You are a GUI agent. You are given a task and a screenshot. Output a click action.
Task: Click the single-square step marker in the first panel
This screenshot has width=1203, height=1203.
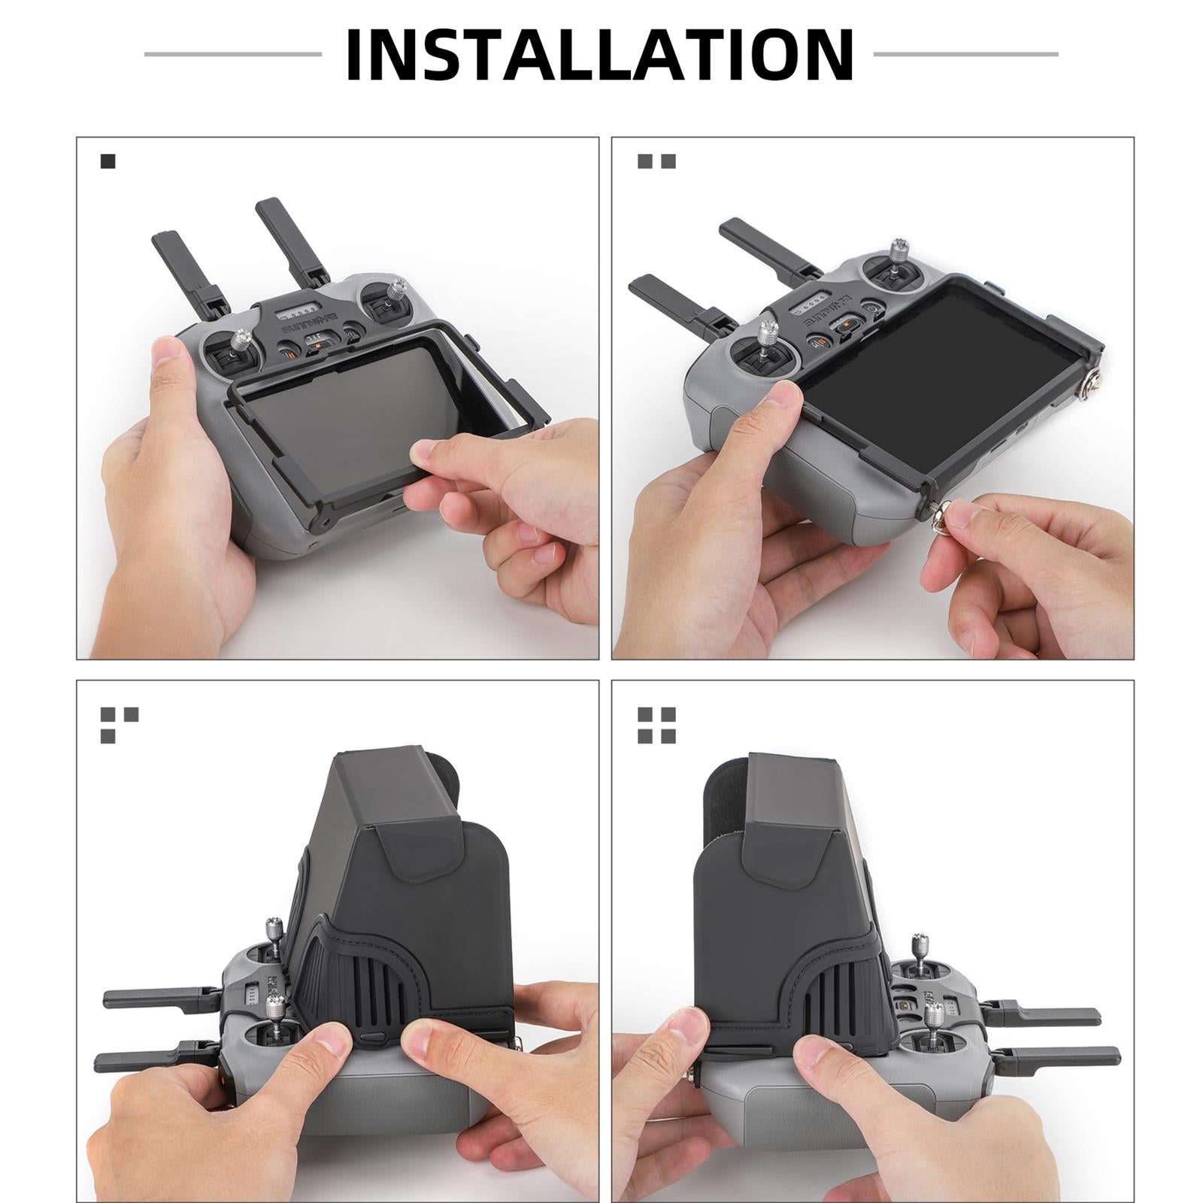[108, 161]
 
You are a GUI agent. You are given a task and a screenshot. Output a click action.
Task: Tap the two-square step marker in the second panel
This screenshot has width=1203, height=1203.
[656, 161]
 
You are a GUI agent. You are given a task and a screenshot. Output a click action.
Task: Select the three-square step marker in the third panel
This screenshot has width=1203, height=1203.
[119, 725]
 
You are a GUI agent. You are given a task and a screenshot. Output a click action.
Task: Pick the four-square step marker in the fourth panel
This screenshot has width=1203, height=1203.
[656, 725]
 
